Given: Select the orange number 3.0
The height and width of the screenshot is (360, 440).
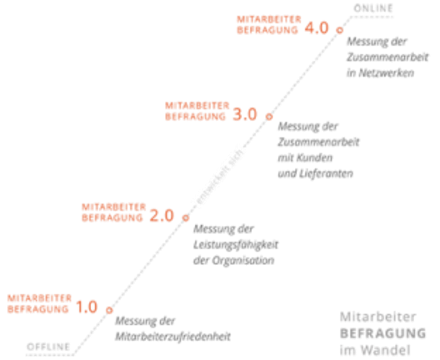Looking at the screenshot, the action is click(x=245, y=116).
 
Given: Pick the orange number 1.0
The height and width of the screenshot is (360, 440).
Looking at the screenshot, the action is click(x=87, y=307).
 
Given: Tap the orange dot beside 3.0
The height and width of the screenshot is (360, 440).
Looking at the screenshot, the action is click(x=269, y=116).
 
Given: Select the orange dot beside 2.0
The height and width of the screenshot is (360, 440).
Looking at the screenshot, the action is click(x=186, y=218).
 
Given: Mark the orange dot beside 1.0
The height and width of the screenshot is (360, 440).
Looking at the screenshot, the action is click(x=109, y=310).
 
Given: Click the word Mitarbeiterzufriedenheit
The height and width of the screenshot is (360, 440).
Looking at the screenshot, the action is click(x=173, y=336).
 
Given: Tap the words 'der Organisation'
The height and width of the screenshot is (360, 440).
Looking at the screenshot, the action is click(x=234, y=261).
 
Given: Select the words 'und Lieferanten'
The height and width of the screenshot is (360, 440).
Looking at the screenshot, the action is click(x=315, y=174).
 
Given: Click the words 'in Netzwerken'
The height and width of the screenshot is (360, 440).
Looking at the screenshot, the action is click(x=380, y=73).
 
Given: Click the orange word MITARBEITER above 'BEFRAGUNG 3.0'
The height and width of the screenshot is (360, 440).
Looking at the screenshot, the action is click(x=197, y=105).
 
